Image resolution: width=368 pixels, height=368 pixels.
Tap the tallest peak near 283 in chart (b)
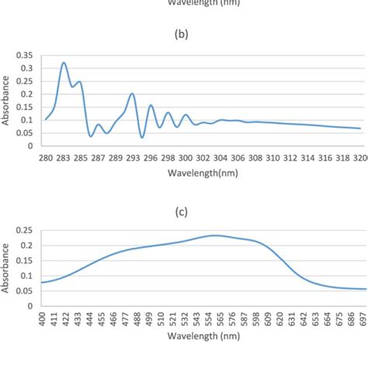coord(64,63)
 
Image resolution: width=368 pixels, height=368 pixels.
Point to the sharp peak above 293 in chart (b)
coord(132,94)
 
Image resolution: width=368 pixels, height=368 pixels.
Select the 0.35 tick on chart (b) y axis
coord(25,56)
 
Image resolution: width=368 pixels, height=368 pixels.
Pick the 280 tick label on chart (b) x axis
coord(45,157)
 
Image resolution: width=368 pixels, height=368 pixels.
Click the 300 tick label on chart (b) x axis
coord(186,157)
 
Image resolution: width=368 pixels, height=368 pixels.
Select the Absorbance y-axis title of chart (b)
coord(6,101)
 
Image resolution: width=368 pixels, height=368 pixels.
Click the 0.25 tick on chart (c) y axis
coord(25,231)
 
